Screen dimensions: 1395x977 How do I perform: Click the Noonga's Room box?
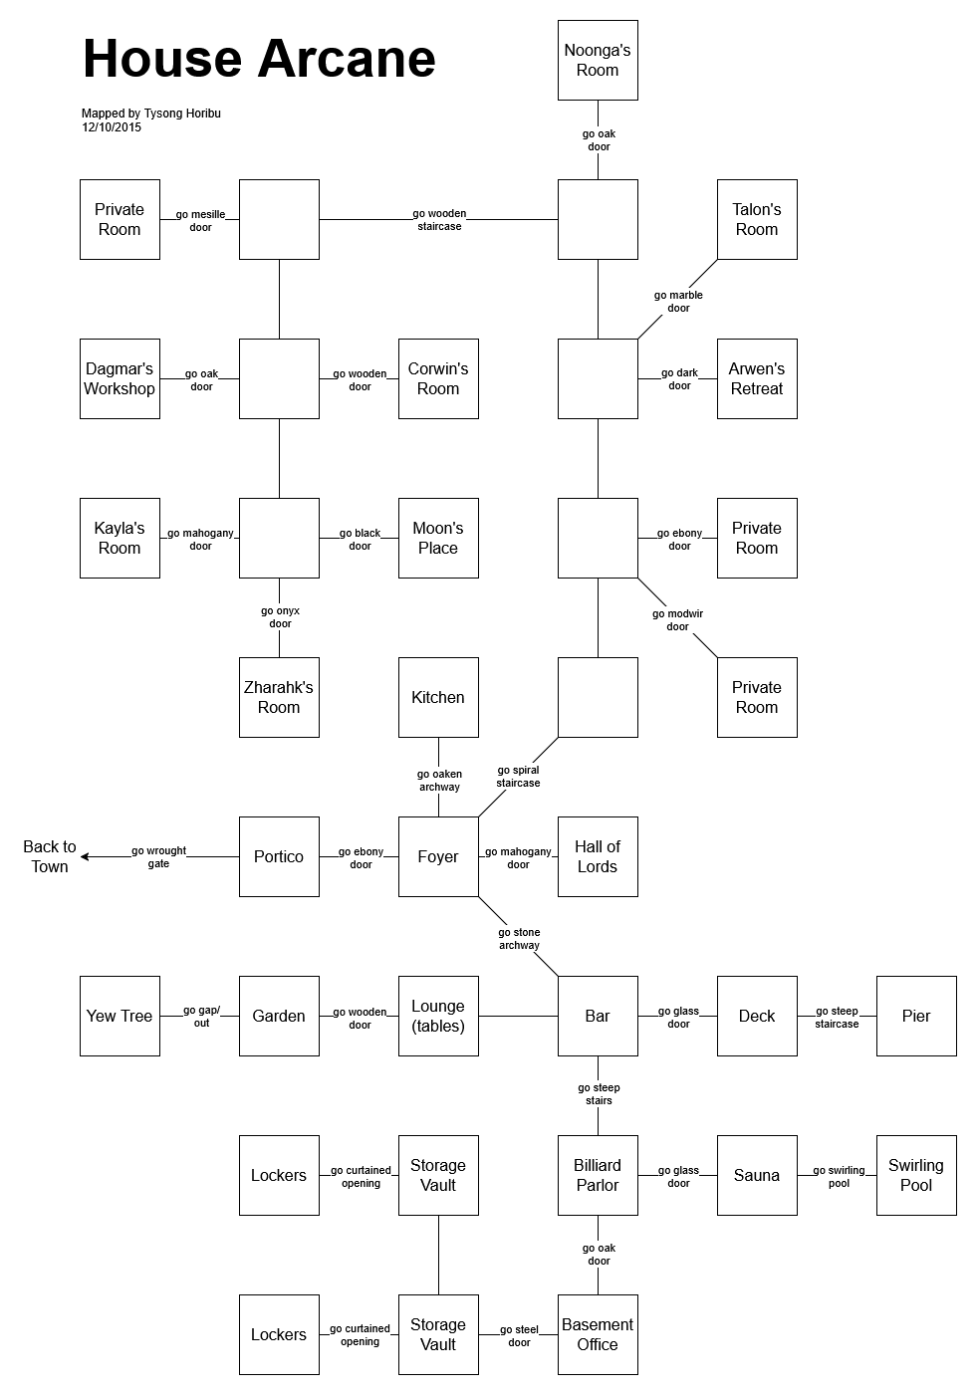coord(598,60)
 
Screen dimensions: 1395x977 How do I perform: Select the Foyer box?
coord(438,856)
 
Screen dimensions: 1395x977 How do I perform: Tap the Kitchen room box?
coord(438,697)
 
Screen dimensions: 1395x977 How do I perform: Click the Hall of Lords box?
coord(598,856)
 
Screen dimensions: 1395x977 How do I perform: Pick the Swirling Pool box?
coord(916,1175)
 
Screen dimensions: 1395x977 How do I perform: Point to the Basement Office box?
coord(598,1334)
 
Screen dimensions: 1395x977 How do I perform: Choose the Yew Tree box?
coord(120,1016)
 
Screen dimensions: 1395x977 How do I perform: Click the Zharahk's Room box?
coord(279,697)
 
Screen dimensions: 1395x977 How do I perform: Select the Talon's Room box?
coord(757,219)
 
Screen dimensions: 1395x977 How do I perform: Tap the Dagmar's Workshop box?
coord(120,378)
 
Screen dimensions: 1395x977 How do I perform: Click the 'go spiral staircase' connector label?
coord(518,777)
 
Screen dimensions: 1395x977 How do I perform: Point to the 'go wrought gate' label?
coord(159,857)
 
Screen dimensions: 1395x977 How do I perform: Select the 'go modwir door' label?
coord(678,620)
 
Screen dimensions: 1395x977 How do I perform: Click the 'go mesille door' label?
coord(201,220)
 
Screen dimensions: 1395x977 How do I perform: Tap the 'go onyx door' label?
coord(280,617)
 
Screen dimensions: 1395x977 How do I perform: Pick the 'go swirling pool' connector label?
coord(839,1177)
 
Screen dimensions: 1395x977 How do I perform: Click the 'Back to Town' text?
coord(50,856)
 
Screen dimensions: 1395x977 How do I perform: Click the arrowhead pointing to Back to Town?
coord(86,856)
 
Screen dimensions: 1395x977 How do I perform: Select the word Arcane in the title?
coord(348,59)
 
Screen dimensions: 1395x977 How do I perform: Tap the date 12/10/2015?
coord(112,127)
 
